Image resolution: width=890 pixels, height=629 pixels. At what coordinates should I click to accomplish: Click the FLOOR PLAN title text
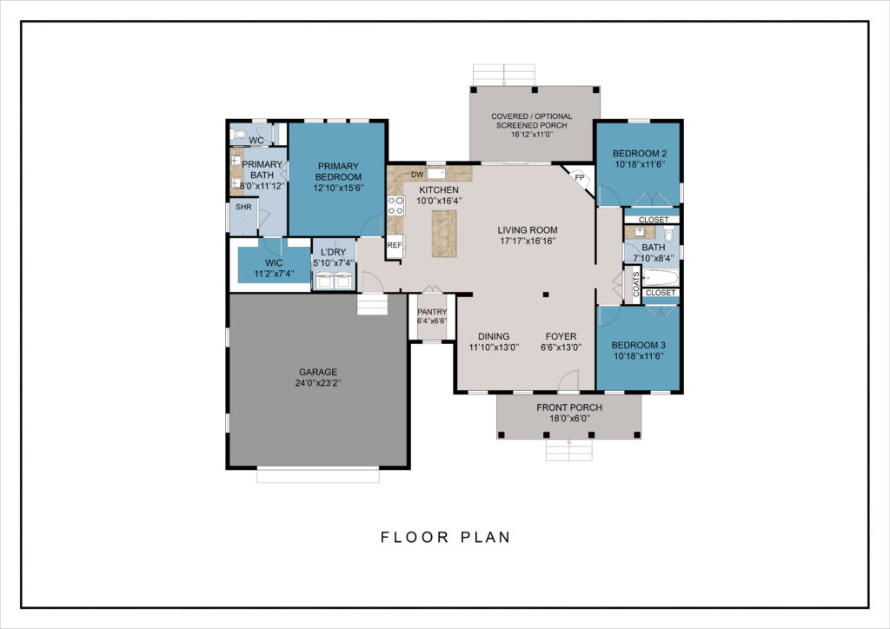[446, 537]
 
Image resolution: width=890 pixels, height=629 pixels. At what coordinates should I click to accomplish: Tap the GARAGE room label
[318, 372]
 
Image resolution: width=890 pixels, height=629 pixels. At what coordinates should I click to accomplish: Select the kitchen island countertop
[444, 234]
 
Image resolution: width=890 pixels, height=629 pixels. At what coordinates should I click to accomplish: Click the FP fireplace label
[580, 177]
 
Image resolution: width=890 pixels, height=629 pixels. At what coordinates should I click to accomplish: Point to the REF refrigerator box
[395, 246]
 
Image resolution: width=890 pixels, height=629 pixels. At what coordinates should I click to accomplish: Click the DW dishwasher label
[417, 175]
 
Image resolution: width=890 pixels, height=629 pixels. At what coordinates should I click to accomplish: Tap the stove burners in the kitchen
[395, 205]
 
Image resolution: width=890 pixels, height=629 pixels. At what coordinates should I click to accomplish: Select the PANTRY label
[432, 312]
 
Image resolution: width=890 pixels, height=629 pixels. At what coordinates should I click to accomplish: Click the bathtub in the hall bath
[661, 278]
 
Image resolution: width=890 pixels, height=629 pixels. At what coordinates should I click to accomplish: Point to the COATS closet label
[635, 284]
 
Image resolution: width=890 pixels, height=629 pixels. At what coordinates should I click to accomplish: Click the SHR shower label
[243, 207]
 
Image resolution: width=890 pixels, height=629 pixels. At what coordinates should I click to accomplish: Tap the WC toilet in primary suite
[240, 135]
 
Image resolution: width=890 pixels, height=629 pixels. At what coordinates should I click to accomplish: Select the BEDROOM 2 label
[639, 153]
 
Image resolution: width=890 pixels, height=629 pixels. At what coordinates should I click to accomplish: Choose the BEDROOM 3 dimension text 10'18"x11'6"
[639, 356]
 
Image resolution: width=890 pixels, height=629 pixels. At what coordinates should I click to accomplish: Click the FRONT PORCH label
[569, 407]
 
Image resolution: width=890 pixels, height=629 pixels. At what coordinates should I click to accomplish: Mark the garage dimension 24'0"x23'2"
[318, 383]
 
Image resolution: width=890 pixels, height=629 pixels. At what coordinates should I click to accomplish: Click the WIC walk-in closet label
[274, 263]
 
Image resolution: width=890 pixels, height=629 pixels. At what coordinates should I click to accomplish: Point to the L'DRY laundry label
[333, 253]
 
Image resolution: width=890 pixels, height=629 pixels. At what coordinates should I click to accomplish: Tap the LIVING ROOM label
[528, 230]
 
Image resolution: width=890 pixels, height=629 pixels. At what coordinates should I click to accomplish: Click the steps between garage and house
[372, 304]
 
